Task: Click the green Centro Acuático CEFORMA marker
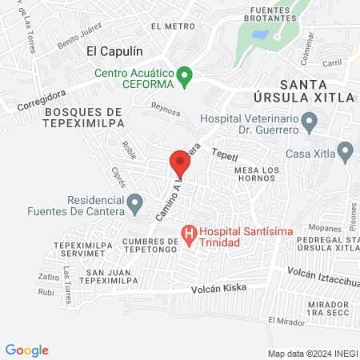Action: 186,77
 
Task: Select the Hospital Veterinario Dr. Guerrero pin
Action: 312,122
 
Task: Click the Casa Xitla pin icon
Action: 346,150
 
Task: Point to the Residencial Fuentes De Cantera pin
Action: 135,202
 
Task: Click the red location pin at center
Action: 179,164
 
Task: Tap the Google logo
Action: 27,350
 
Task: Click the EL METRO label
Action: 178,26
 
